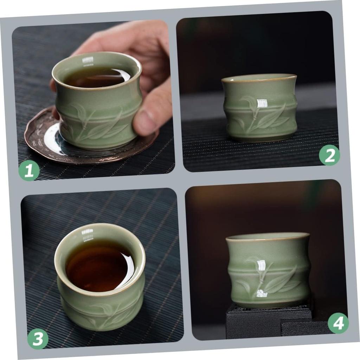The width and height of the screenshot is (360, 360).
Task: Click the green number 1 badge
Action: (29, 171)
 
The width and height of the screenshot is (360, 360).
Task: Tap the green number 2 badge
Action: (329, 155)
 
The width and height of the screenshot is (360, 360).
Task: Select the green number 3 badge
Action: (38, 339)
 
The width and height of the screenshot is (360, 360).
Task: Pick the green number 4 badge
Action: (338, 323)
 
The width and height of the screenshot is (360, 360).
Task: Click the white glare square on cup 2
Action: (262, 103)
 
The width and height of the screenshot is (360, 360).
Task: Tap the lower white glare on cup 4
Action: (262, 293)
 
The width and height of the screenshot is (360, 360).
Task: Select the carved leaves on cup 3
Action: (105, 313)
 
